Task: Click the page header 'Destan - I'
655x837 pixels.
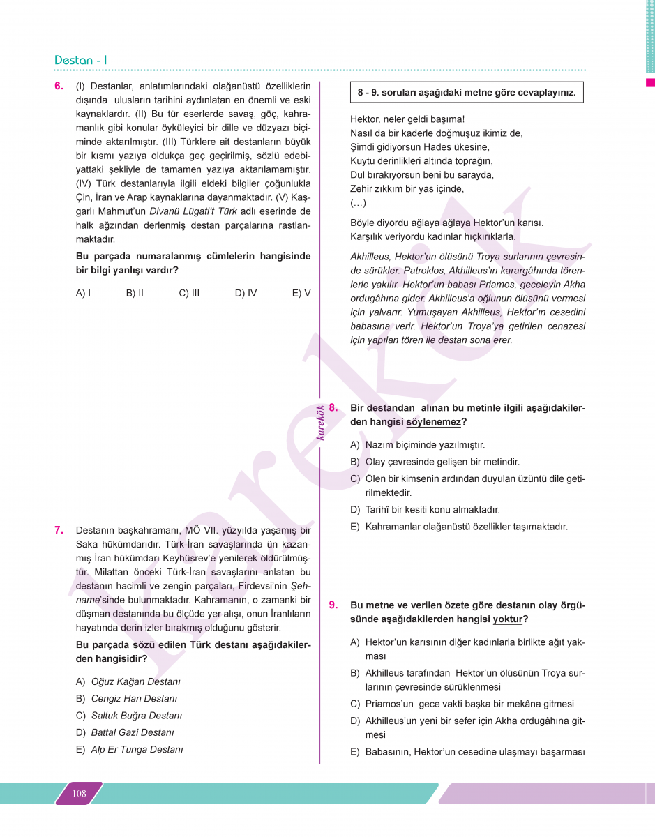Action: click(x=81, y=60)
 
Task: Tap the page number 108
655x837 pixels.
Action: click(x=79, y=793)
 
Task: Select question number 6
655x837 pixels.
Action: click(x=59, y=86)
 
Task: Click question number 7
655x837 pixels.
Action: click(x=59, y=530)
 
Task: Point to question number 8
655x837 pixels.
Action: click(x=333, y=407)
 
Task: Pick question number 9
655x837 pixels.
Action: click(x=333, y=605)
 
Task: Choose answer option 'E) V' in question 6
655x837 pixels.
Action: click(x=301, y=293)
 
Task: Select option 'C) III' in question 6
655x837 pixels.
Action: click(x=189, y=293)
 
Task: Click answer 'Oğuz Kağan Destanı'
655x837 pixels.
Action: click(x=135, y=681)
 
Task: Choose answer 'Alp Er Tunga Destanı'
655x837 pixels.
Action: click(x=137, y=750)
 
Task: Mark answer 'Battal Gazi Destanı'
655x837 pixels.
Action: click(x=133, y=732)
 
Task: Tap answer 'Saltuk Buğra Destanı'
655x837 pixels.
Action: click(x=136, y=716)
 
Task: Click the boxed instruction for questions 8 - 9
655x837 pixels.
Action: click(x=467, y=93)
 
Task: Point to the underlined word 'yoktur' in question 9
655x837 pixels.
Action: click(x=507, y=619)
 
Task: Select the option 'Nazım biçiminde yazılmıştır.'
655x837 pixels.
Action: click(x=425, y=445)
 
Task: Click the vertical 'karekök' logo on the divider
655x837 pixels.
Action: click(x=320, y=423)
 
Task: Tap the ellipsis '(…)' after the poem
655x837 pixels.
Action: click(x=358, y=203)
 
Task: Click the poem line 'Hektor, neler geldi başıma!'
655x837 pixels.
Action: click(x=407, y=119)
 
